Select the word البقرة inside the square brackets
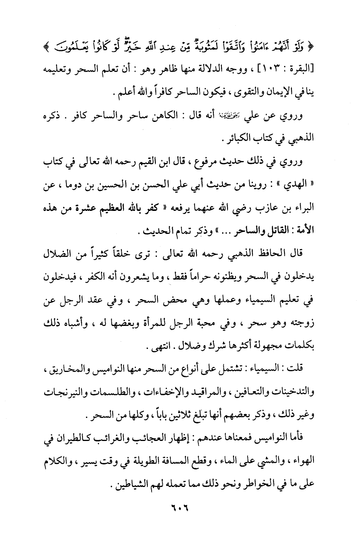pyautogui.click(x=303, y=71)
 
